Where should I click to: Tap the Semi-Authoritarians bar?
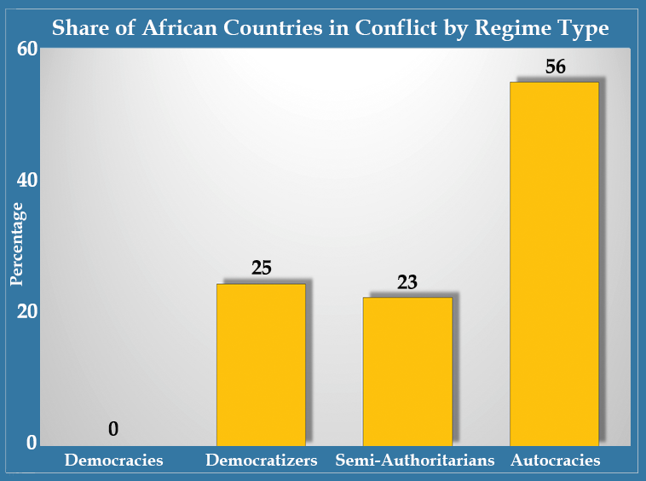point(407,370)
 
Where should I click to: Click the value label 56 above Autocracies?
point(556,67)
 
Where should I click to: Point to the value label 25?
point(262,267)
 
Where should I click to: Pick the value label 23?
point(407,281)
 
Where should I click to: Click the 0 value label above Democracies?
point(113,429)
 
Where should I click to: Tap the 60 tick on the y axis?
point(27,49)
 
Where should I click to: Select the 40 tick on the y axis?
point(27,180)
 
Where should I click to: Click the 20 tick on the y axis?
point(27,311)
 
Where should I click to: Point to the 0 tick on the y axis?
point(32,442)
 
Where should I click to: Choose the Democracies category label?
point(113,461)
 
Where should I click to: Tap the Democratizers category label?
point(262,461)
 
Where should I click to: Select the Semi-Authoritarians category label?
point(415,461)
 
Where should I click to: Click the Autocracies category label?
point(556,461)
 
